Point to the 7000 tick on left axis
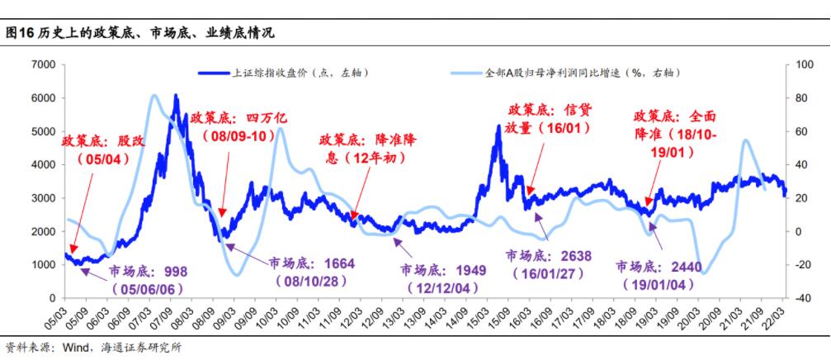(42, 64)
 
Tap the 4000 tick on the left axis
(42, 164)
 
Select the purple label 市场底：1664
(311, 263)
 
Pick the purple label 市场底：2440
(659, 267)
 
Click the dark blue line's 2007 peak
(176, 97)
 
